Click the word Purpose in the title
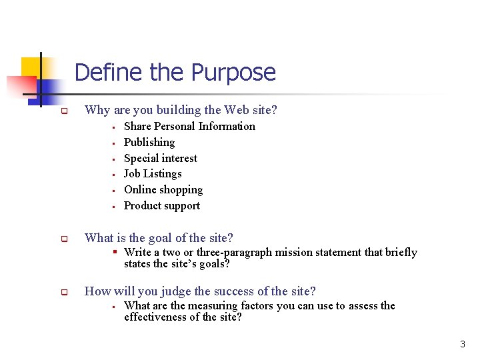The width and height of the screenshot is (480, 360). coord(233,72)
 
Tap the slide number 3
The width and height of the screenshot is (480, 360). coord(463,344)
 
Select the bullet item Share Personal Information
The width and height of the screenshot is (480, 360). coord(189,126)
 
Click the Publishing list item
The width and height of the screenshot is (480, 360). coord(149,142)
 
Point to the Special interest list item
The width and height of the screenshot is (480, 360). coord(161,158)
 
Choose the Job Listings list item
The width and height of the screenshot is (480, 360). coord(153,173)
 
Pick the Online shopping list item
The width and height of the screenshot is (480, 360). coord(163,189)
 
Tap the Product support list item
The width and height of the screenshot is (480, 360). coord(162,205)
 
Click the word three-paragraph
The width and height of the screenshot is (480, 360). coord(225,252)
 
